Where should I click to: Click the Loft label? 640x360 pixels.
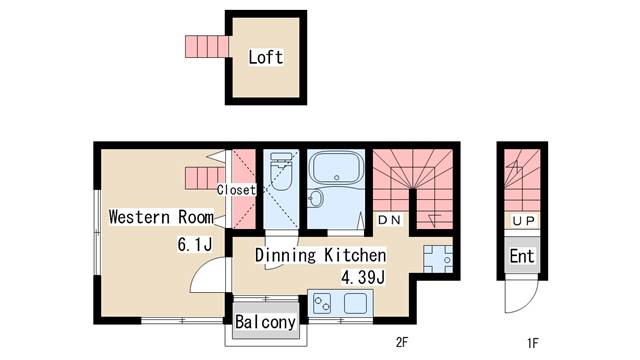(266, 57)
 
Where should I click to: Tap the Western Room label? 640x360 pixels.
(161, 217)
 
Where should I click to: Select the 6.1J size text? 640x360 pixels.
(195, 244)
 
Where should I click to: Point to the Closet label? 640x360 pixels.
(236, 190)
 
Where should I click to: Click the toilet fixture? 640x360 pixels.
(281, 171)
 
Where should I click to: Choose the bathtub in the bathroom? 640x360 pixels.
(337, 168)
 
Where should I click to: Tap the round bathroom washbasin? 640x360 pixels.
(316, 199)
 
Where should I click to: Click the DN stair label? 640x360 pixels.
(389, 220)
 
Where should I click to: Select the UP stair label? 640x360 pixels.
(523, 221)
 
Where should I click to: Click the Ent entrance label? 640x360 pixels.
(522, 256)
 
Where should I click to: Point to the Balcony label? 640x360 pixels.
(265, 322)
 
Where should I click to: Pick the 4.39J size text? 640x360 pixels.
(363, 278)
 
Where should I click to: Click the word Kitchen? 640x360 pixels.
(355, 255)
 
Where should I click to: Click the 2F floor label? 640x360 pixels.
(402, 342)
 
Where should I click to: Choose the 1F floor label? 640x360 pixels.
(533, 343)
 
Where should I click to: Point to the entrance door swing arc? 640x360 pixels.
(527, 302)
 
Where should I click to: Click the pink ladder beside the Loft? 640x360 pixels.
(207, 47)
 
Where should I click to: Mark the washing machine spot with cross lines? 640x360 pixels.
(438, 259)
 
